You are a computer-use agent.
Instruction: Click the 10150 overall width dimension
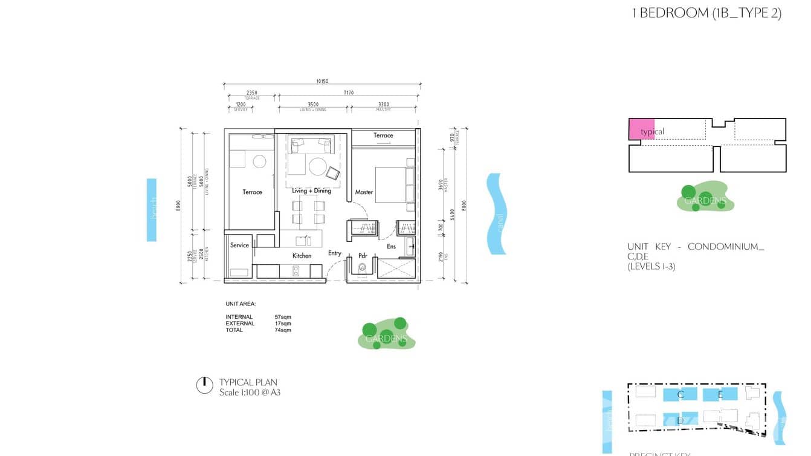(x=321, y=81)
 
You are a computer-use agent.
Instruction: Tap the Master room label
(x=364, y=192)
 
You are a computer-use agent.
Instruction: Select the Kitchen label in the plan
(x=302, y=256)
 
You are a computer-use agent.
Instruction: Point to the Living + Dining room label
(x=311, y=191)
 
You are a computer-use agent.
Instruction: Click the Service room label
(x=239, y=245)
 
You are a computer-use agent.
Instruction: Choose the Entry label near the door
(x=334, y=253)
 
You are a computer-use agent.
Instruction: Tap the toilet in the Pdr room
(x=363, y=270)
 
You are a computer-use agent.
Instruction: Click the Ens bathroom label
(x=392, y=246)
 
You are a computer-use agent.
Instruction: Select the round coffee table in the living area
(x=318, y=166)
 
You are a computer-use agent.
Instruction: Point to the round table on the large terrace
(x=259, y=161)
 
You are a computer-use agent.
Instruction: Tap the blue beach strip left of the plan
(x=152, y=209)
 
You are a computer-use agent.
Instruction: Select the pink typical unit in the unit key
(x=641, y=130)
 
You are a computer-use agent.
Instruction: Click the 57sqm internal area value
(x=283, y=317)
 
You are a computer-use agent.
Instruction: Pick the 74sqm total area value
(x=283, y=330)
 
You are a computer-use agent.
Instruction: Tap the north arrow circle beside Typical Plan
(x=204, y=385)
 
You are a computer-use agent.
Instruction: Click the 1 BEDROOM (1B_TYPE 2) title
(x=706, y=13)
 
